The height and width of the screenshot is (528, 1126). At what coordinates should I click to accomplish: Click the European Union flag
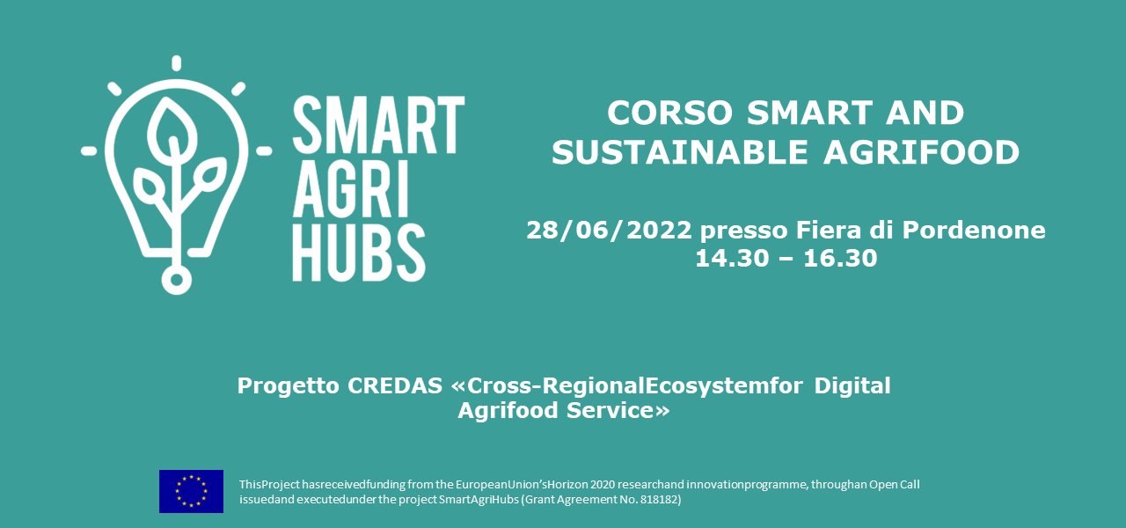[x=191, y=491]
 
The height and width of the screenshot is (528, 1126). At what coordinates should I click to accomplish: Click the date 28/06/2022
[x=609, y=231]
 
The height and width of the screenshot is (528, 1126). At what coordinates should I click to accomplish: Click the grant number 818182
[x=655, y=500]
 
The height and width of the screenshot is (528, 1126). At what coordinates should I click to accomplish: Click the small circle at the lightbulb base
[x=176, y=279]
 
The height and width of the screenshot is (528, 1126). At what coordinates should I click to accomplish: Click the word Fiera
[x=826, y=231]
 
